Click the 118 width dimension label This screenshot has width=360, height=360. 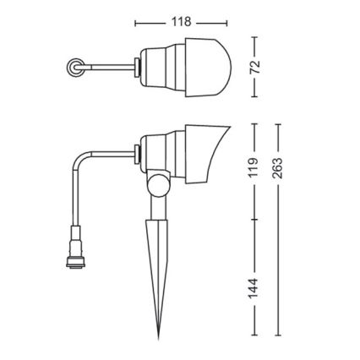pos(180,21)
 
